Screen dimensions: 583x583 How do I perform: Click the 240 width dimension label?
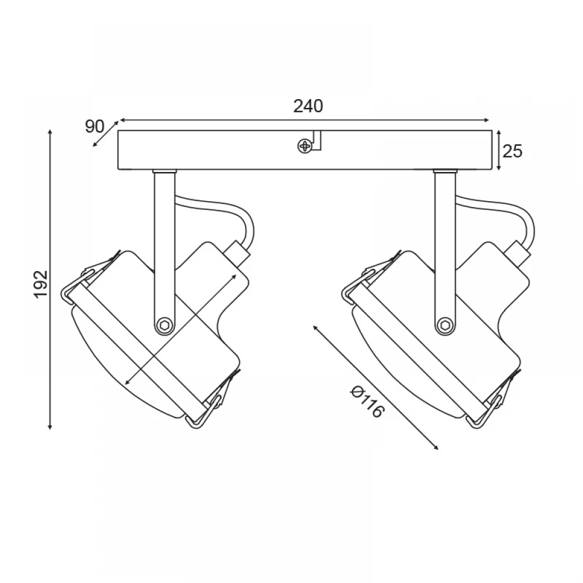click(308, 106)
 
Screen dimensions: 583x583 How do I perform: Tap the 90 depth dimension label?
click(95, 127)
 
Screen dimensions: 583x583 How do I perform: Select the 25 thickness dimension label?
click(512, 151)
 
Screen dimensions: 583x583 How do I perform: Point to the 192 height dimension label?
click(41, 284)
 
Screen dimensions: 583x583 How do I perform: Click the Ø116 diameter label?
click(367, 402)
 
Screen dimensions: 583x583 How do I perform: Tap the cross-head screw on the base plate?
click(304, 146)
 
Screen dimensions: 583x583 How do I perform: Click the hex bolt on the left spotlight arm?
click(164, 325)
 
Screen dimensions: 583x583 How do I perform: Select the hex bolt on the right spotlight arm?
click(445, 325)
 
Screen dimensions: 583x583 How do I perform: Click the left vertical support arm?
click(164, 253)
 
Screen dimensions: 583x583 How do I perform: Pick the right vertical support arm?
click(445, 253)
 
